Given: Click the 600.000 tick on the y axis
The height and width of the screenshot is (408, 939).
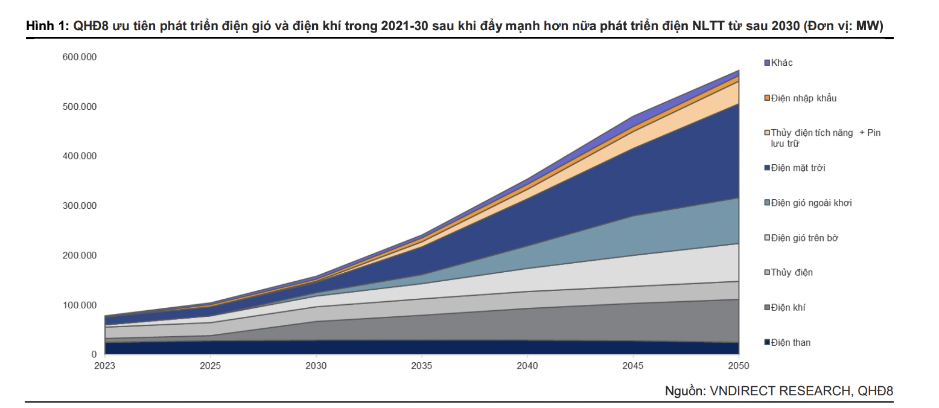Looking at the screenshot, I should (80, 57).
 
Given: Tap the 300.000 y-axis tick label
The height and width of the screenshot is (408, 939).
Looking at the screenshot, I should (80, 206).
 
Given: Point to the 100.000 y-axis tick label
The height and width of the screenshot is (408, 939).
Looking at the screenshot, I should (80, 305).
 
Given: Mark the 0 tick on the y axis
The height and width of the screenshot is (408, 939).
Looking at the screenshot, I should (94, 355).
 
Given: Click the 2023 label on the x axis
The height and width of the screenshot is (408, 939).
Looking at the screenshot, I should (104, 366).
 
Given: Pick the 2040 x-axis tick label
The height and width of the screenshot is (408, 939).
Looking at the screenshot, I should (527, 366).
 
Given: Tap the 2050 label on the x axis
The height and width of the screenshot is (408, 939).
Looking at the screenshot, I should (739, 366).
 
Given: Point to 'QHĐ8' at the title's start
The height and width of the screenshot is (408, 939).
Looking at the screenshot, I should (88, 26).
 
